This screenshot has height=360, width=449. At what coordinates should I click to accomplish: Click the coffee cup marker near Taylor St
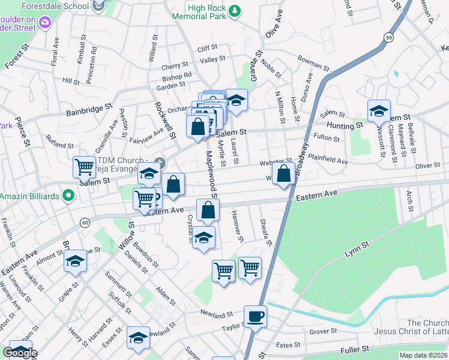(255, 316)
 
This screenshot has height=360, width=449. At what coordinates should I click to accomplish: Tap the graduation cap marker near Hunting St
(379, 112)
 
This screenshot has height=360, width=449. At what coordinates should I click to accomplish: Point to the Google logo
(20, 353)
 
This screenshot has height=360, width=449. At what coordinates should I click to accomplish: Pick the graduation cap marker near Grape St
(76, 262)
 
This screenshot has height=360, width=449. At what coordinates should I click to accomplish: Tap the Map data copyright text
(423, 355)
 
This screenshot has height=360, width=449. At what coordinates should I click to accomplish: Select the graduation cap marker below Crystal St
(204, 237)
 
